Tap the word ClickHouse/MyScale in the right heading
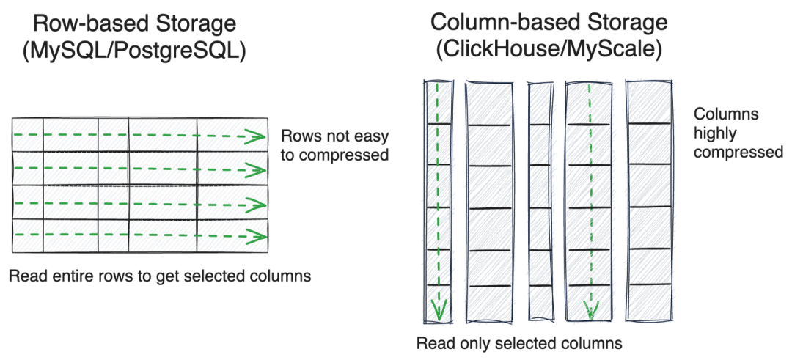coord(549,52)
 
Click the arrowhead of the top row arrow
coord(257,136)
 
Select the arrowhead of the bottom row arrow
coord(257,236)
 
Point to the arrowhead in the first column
coord(438,311)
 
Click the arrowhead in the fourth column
coord(587,311)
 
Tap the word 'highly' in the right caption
coord(714,133)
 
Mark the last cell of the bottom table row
coord(231,236)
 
